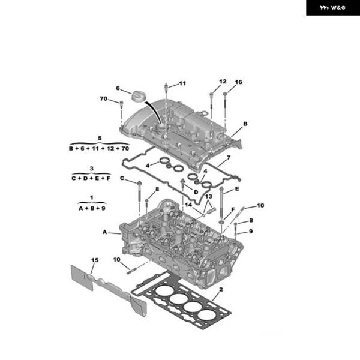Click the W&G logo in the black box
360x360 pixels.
coord(332,8)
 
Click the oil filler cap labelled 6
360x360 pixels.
coord(139,96)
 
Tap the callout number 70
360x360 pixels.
coord(104,99)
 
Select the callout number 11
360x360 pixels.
coord(182,83)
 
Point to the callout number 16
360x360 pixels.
coord(239,82)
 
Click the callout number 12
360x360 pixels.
coord(223,82)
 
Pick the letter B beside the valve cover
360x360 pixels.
coord(245,124)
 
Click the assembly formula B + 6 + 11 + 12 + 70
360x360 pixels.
coord(99,149)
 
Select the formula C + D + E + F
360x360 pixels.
coord(91,178)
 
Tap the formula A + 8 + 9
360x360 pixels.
coord(92,208)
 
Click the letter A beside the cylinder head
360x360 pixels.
coord(104,232)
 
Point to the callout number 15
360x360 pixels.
coord(95,260)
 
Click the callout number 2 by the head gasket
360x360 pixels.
coord(221,289)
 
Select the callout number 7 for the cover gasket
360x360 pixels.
coord(229,158)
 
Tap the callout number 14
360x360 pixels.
coord(188,205)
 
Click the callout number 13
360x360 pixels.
coord(209,197)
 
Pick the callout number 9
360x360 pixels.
coord(251,231)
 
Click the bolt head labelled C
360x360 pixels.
coord(139,183)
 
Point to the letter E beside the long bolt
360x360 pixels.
coord(237,189)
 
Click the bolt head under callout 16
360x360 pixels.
coord(225,94)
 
